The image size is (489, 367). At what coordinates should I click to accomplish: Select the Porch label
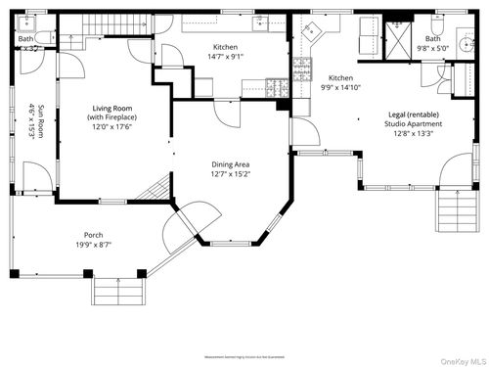coord(93,235)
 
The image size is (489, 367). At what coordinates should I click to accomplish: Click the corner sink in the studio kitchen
coord(311,30)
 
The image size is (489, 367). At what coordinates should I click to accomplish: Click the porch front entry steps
coord(118,291)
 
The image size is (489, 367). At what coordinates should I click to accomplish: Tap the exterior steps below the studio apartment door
coord(452,208)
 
